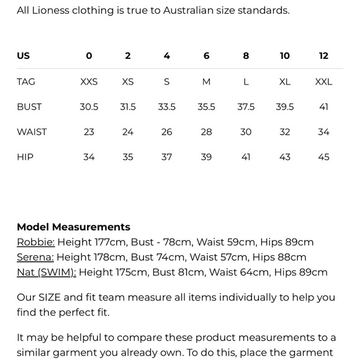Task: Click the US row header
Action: click(24, 56)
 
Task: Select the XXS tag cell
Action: click(89, 82)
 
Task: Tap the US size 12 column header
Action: click(323, 56)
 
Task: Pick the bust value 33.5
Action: click(166, 107)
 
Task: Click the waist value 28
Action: click(206, 132)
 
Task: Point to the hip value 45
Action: click(323, 157)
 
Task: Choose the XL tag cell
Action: click(285, 82)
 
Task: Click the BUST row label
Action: click(29, 107)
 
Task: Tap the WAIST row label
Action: click(32, 132)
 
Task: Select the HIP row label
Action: click(25, 157)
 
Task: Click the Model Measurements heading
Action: click(73, 227)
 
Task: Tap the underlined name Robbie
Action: click(35, 242)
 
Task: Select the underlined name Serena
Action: click(35, 257)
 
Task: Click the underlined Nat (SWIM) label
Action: click(47, 272)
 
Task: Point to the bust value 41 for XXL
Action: click(323, 107)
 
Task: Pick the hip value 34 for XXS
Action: click(89, 157)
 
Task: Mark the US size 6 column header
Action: click(206, 56)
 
